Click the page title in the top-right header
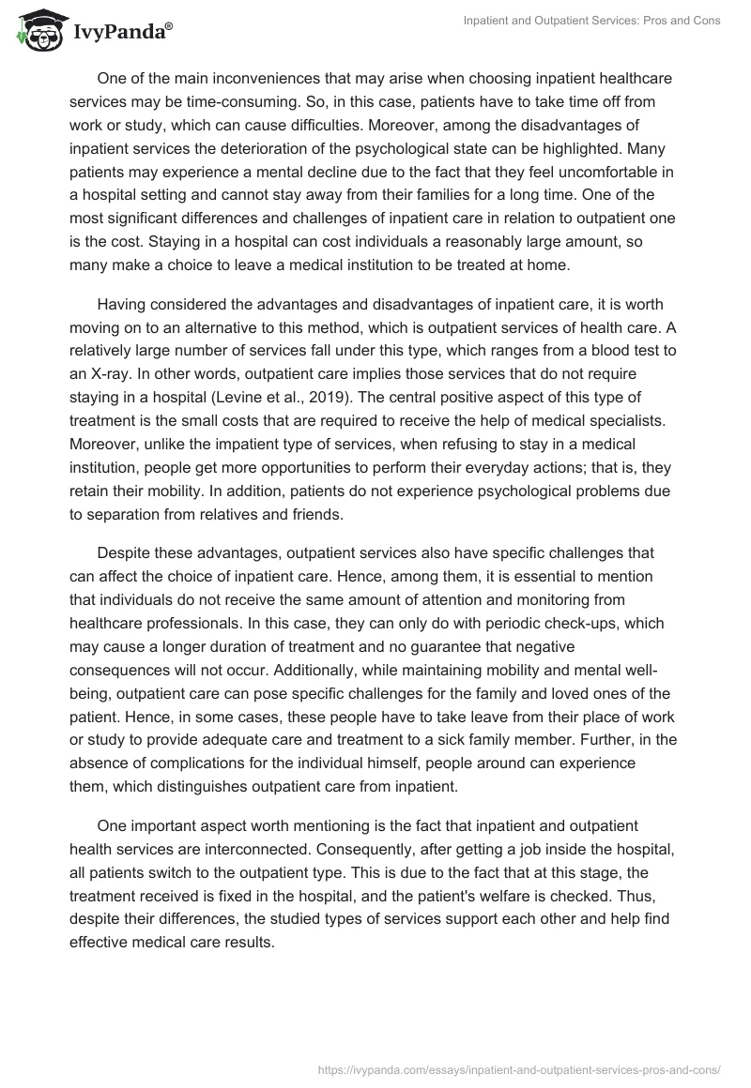coord(592,21)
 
